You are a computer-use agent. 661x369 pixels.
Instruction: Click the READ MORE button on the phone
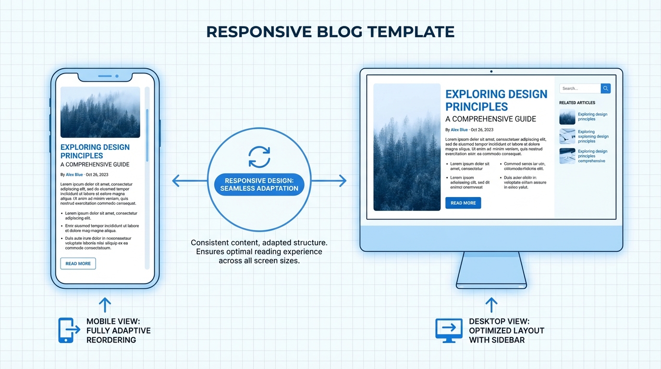pos(78,263)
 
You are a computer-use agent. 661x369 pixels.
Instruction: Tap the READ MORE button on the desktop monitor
pos(463,203)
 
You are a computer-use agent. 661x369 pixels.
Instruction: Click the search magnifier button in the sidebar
pos(606,88)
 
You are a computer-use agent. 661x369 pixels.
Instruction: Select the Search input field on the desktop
pos(579,88)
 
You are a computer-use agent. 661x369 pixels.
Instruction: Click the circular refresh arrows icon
pos(259,157)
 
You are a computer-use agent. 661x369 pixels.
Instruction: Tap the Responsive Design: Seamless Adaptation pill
pos(259,184)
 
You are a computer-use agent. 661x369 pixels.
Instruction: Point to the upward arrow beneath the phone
pos(105,305)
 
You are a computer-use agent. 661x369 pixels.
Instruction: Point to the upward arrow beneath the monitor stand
pos(491,305)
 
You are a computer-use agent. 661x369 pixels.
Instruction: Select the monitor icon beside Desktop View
pos(449,330)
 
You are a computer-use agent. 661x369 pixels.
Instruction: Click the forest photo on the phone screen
pos(100,112)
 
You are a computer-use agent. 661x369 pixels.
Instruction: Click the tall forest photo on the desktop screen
pos(407,147)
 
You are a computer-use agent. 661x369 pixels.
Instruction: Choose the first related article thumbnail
pos(567,117)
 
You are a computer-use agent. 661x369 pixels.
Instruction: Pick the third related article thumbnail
pos(567,156)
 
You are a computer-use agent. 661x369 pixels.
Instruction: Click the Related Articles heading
pos(577,103)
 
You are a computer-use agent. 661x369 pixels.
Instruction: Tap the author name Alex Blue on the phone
pos(74,175)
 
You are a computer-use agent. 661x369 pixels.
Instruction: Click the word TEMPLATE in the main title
pos(411,32)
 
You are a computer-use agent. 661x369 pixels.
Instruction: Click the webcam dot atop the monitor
pos(491,72)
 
